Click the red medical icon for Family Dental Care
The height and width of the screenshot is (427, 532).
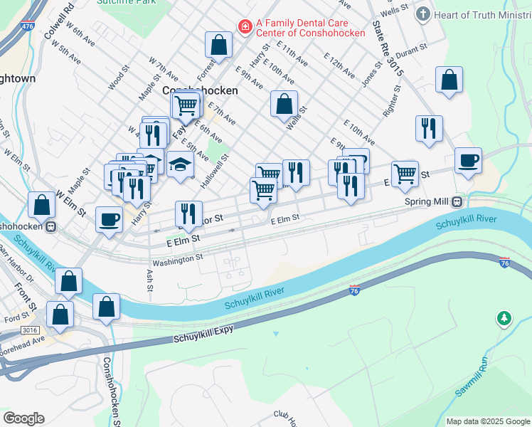coord(245,27)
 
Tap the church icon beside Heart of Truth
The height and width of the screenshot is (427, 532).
coord(422,14)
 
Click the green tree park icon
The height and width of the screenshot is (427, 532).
coord(504,317)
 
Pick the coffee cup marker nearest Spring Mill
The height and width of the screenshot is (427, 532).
coord(468,160)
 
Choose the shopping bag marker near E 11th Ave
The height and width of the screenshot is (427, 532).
coord(219,45)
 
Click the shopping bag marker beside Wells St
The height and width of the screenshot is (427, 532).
coord(284,104)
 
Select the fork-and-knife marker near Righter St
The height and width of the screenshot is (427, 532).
coord(429,128)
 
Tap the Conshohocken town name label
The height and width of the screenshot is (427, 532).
coord(200,91)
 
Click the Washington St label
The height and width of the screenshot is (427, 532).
coord(177,260)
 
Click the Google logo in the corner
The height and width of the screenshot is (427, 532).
coord(23,418)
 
